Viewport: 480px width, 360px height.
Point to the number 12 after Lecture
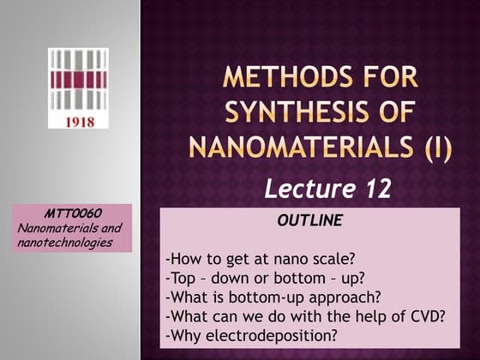click(376, 189)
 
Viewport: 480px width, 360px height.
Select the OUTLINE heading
click(310, 220)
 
